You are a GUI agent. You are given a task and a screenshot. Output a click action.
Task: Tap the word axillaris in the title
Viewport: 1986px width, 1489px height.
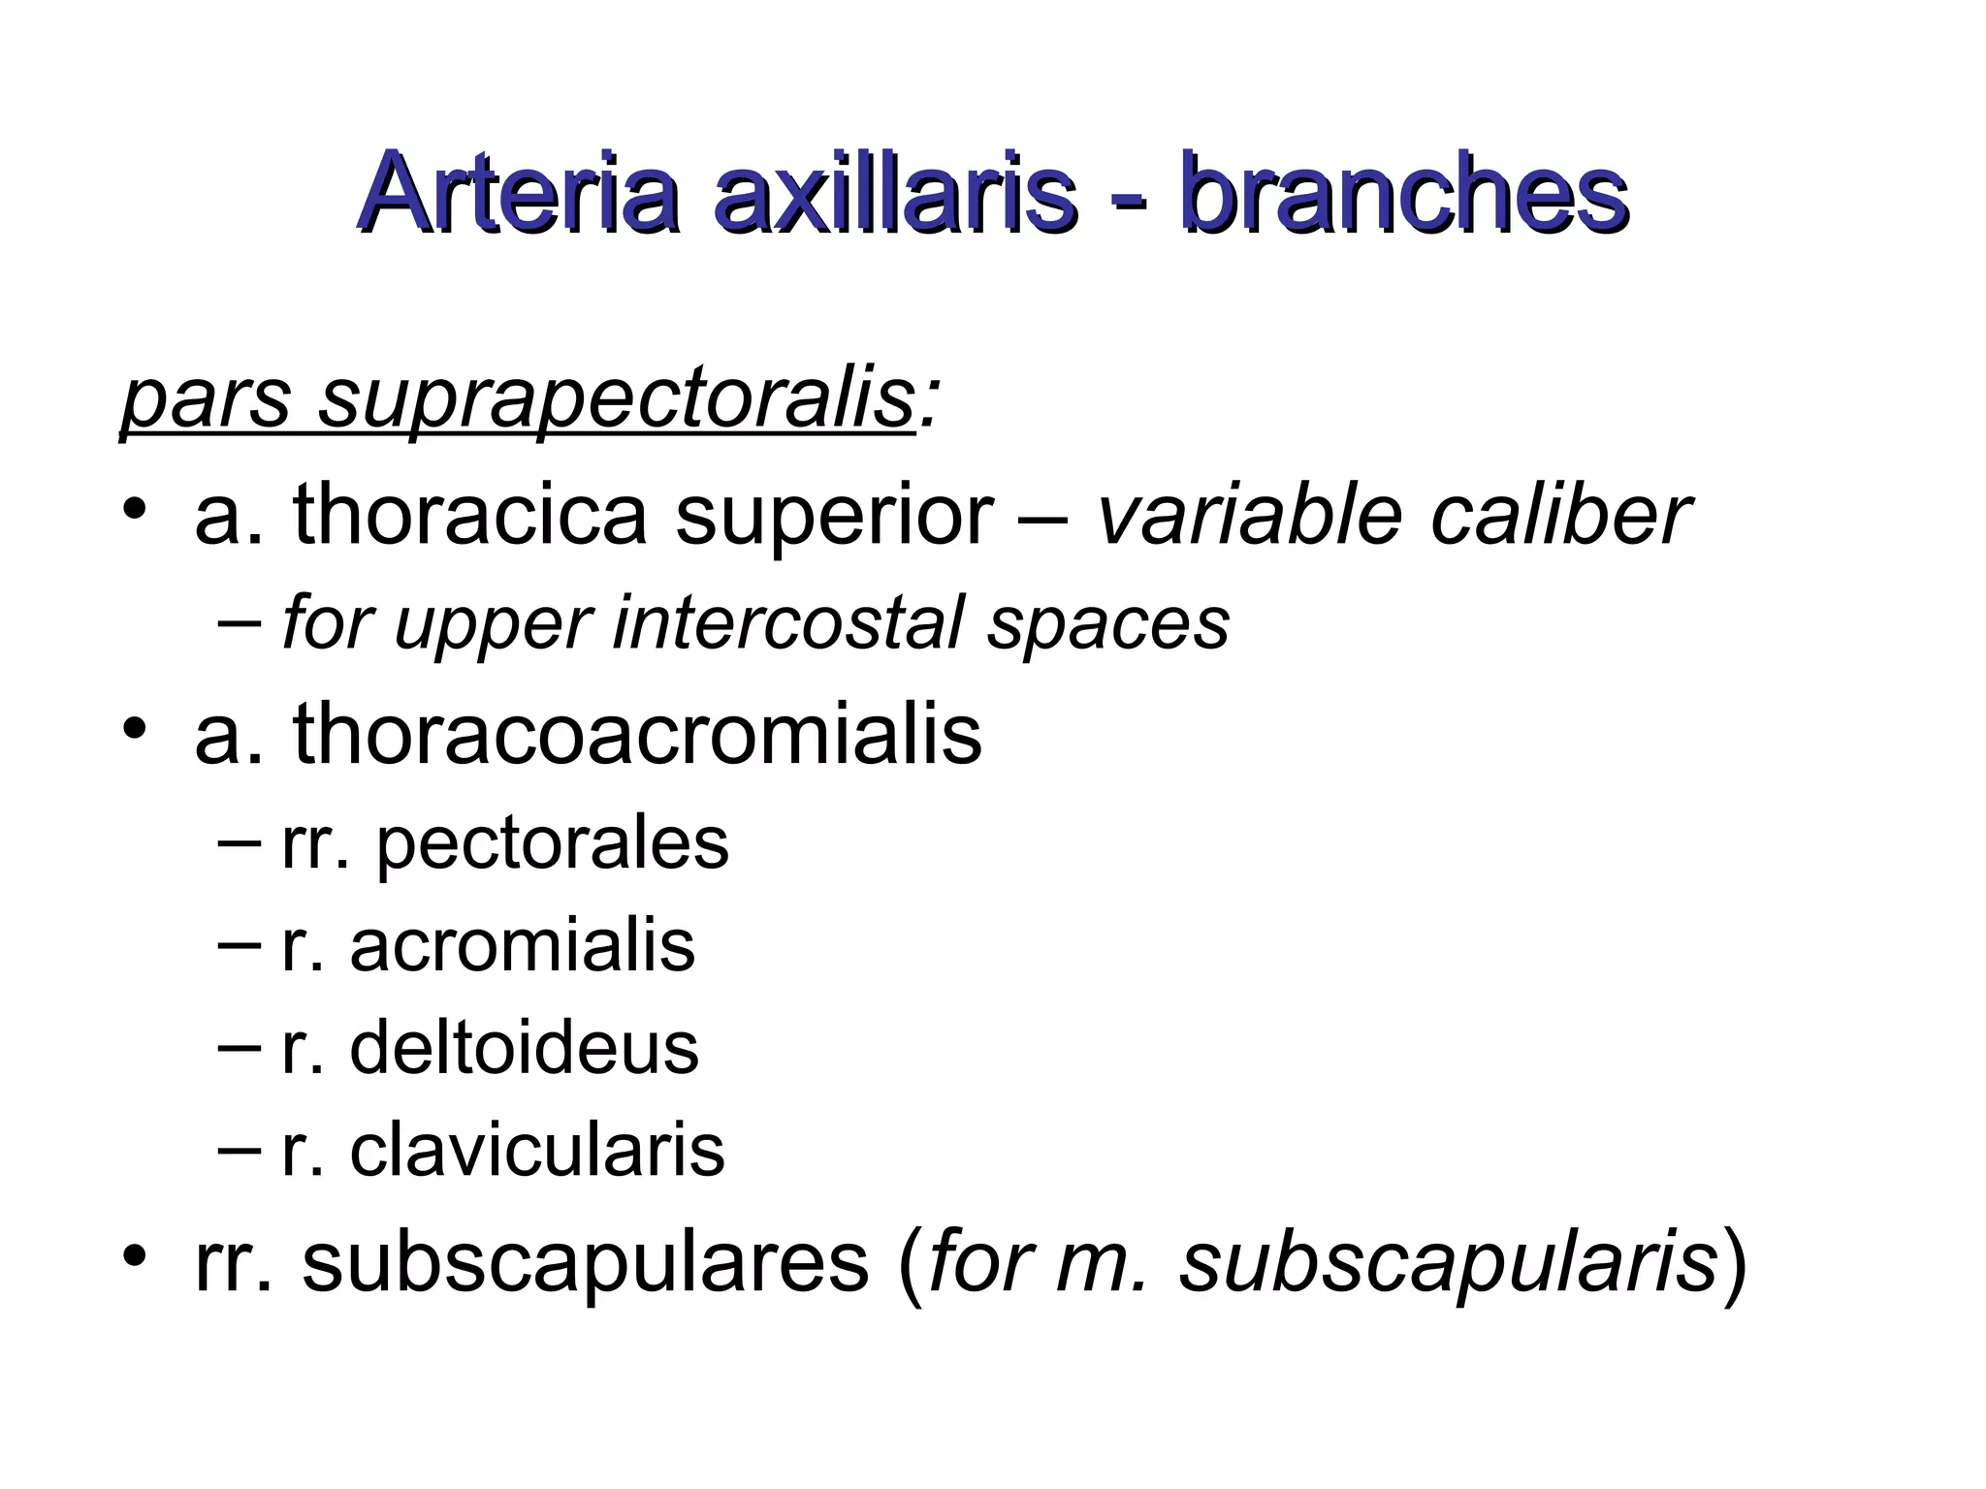pyautogui.click(x=894, y=194)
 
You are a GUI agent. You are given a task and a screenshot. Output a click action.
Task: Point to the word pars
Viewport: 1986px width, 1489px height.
pyautogui.click(x=205, y=399)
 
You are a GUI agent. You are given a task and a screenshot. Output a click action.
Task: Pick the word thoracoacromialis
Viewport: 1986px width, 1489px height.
pyautogui.click(x=637, y=734)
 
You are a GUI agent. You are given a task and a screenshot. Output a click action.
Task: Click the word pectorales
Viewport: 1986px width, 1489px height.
pyautogui.click(x=552, y=843)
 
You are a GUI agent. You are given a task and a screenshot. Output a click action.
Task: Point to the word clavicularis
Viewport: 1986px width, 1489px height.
pyautogui.click(x=537, y=1151)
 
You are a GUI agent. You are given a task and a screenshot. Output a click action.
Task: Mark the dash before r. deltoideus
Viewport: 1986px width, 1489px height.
pyautogui.click(x=239, y=1048)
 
